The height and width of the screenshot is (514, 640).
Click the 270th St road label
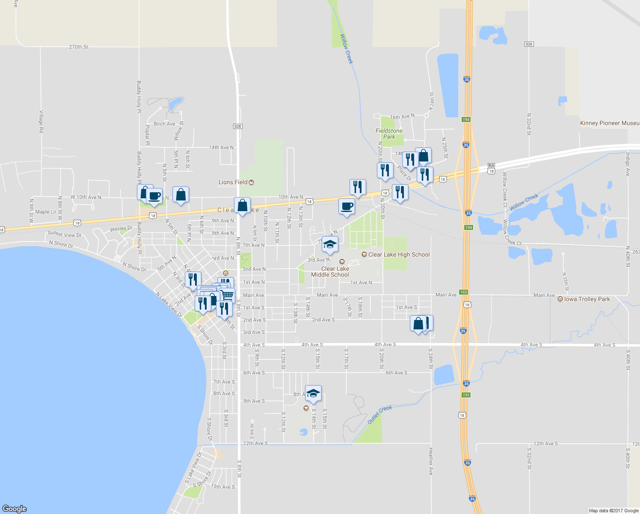[x=78, y=47]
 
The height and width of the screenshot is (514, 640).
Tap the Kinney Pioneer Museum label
[x=610, y=123]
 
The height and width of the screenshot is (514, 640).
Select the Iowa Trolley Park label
[x=587, y=299]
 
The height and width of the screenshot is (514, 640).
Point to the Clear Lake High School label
[x=399, y=254]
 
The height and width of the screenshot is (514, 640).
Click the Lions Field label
[x=233, y=182]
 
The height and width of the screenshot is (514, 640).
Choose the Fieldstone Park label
[x=389, y=134]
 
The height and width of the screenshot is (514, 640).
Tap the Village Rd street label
[x=41, y=121]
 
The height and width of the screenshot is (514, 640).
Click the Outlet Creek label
[x=380, y=415]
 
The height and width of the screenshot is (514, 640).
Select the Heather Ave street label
[x=431, y=461]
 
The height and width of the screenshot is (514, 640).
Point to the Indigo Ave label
[x=628, y=164]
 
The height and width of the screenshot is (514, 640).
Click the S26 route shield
[x=529, y=44]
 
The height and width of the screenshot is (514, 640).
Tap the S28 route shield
[x=238, y=126]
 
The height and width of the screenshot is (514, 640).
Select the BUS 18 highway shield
[x=491, y=168]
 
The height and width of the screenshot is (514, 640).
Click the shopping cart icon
[x=228, y=295]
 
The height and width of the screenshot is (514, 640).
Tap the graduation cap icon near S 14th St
[x=313, y=394]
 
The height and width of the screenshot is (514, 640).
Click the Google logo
[x=15, y=508]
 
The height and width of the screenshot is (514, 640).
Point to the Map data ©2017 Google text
[x=613, y=511]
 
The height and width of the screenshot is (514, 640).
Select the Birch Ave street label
[x=164, y=124]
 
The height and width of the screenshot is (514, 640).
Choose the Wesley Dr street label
[x=121, y=229]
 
